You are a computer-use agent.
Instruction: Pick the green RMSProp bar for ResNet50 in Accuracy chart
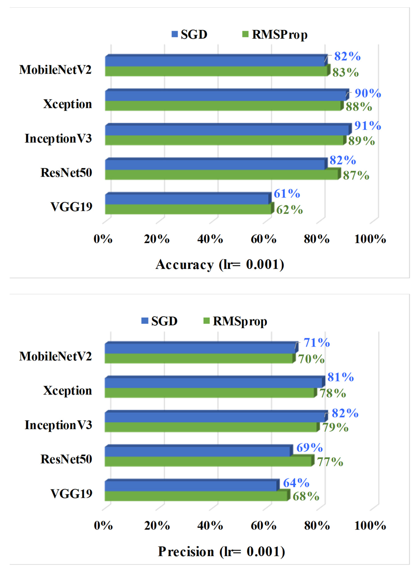tap(221, 175)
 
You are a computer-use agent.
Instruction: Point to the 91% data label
tap(368, 126)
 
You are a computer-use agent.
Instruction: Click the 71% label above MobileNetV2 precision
tap(316, 343)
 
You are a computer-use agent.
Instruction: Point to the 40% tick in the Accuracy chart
tap(210, 239)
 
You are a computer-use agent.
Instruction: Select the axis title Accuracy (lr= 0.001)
tap(220, 265)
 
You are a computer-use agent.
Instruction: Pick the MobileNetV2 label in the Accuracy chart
tap(55, 70)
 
